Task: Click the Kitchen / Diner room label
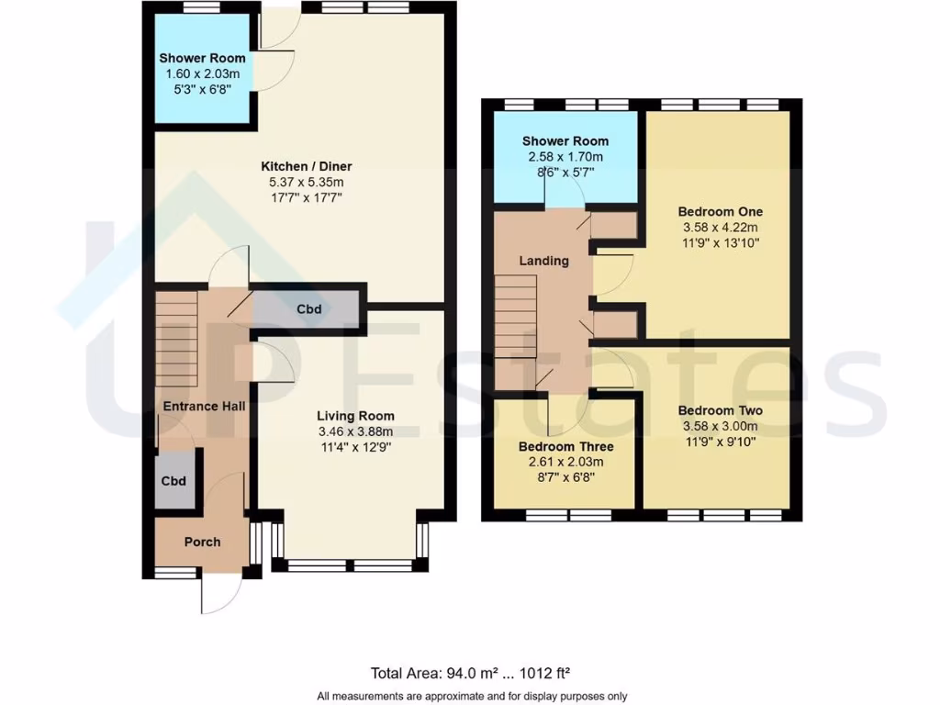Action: (307, 166)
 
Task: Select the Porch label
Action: (202, 542)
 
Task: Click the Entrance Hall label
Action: (204, 406)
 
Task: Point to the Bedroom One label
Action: (721, 212)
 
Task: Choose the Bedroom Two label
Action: (720, 411)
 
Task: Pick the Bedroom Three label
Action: (565, 447)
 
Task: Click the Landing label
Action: (544, 261)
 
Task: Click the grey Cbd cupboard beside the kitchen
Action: (308, 309)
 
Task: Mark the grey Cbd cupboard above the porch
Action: (174, 481)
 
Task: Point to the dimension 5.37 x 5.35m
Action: (307, 182)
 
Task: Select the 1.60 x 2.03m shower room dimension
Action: (202, 73)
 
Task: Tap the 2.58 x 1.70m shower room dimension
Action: (565, 157)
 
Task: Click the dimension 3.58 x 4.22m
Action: (721, 228)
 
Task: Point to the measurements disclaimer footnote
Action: (472, 695)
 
